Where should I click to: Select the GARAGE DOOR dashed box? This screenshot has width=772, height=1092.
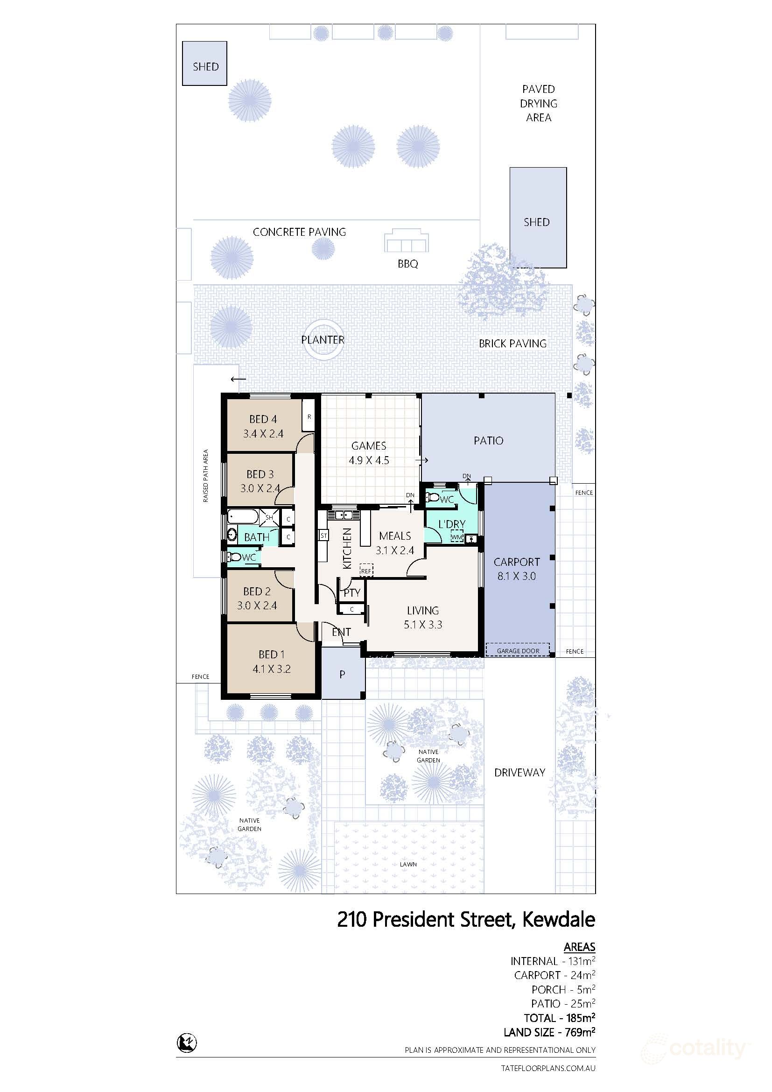pos(518,650)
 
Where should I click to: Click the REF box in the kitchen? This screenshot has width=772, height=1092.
pos(366,570)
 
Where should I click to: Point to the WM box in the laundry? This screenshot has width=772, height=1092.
pos(456,536)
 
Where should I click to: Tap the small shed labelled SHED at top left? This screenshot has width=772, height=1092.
pos(205,64)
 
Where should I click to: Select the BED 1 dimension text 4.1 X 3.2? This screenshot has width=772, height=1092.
pos(272,669)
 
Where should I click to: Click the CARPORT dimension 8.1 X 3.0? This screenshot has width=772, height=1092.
pos(516,576)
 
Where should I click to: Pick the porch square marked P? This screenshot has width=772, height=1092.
pos(342,674)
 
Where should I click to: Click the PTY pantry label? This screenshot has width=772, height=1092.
pos(352,592)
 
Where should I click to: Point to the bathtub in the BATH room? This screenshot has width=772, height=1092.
pos(243,516)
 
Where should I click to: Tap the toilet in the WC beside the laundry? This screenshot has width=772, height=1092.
pos(433,498)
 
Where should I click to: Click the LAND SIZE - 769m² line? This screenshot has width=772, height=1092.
pos(549,1032)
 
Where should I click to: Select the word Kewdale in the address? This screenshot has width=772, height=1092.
pos(559,920)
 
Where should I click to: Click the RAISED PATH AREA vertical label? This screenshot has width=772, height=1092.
pos(206,476)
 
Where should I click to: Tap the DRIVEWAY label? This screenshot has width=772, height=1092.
pos(519,772)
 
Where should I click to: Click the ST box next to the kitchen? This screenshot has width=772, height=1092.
pos(324,535)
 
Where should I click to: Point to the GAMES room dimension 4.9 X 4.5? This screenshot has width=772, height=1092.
pos(369,460)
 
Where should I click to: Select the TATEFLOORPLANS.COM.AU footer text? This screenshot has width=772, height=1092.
pos(548,1068)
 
